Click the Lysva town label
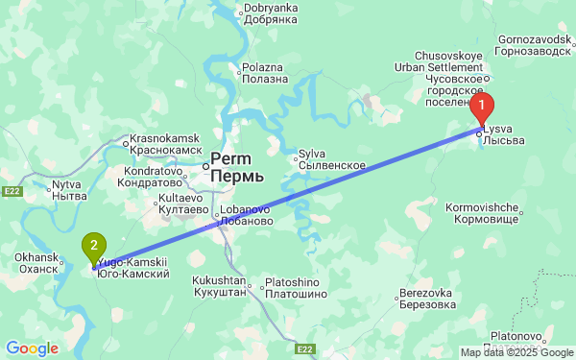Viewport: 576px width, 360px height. pyautogui.click(x=498, y=129)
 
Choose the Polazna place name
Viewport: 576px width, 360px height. pyautogui.click(x=263, y=68)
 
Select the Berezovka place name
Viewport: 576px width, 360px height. pyautogui.click(x=426, y=293)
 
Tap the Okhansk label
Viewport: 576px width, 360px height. pyautogui.click(x=36, y=257)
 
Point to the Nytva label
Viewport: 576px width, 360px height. pyautogui.click(x=66, y=183)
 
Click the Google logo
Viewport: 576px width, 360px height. pyautogui.click(x=32, y=348)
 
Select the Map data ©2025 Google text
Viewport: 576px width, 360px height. pyautogui.click(x=516, y=352)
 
